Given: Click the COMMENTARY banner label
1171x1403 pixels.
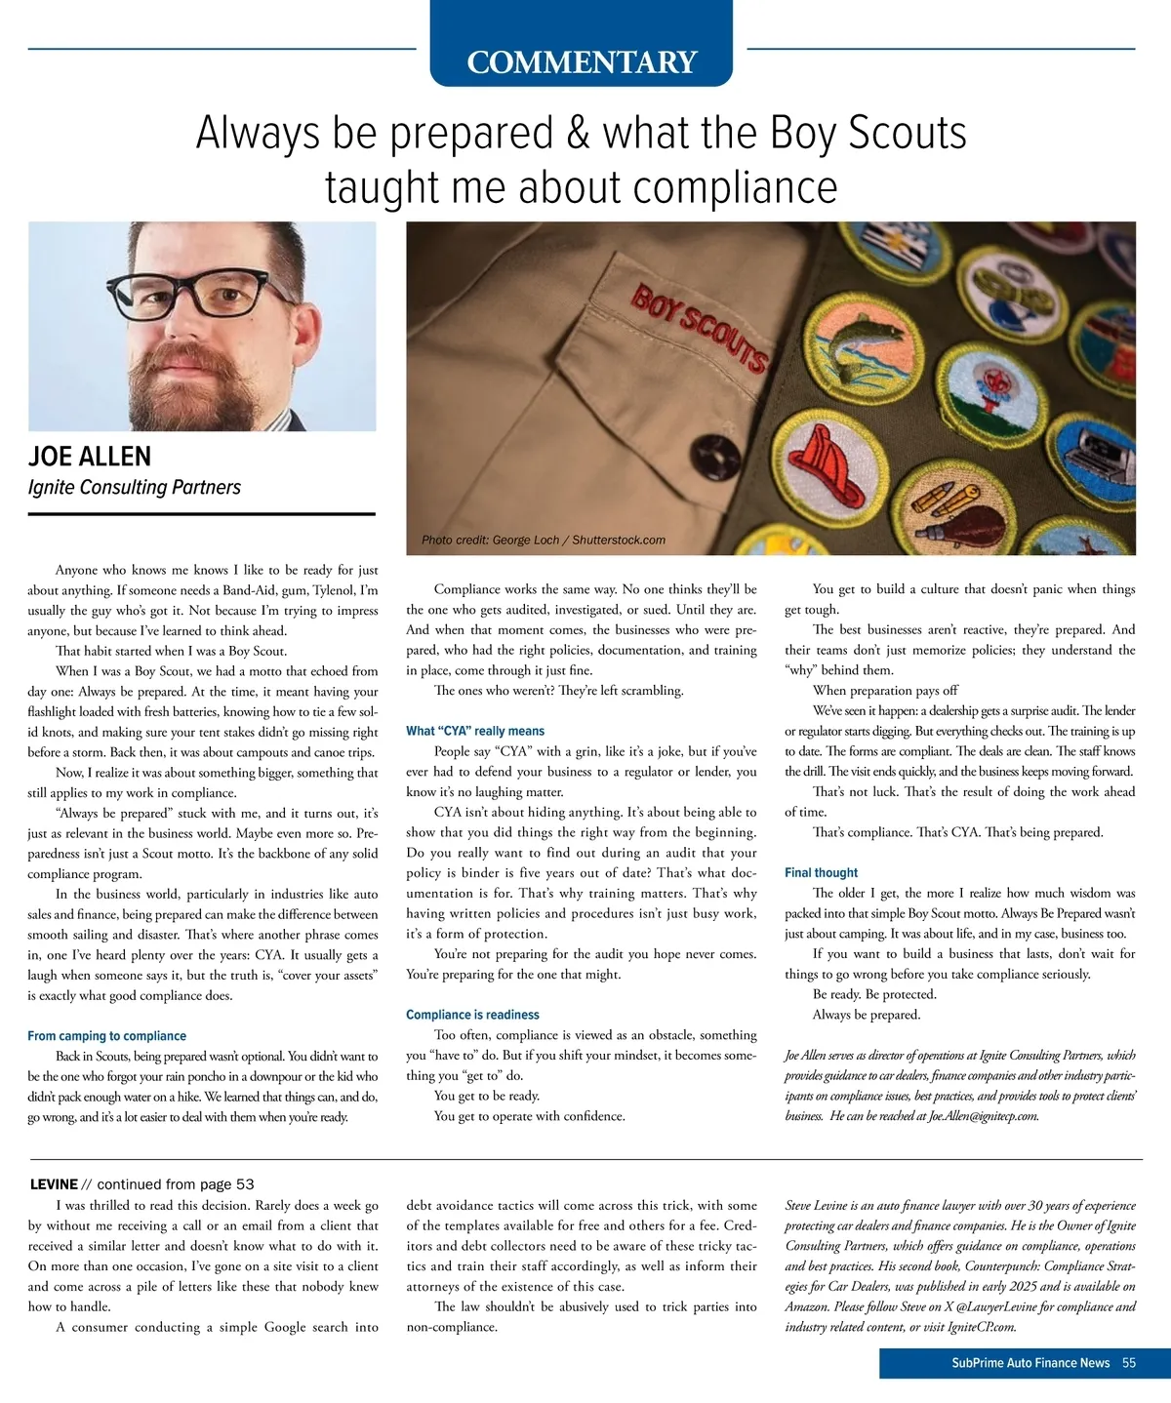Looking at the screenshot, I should (582, 62).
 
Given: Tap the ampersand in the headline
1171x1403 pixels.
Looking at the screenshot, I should (578, 134).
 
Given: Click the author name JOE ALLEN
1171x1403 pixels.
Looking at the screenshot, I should (90, 457).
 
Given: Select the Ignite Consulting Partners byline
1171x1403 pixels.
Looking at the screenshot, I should (135, 487).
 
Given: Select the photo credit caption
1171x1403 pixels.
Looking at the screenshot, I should (544, 540).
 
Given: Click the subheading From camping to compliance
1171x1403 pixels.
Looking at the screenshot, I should (106, 1036).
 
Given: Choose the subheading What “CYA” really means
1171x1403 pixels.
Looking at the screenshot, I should (475, 731).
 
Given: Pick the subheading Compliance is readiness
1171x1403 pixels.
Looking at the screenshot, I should (472, 1015).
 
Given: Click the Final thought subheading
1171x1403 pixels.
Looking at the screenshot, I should (821, 872).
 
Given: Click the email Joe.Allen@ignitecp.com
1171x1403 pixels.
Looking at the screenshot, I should (983, 1116).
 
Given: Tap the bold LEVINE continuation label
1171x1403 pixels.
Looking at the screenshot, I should (54, 1184).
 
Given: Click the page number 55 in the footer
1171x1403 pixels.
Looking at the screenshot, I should (1129, 1363).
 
